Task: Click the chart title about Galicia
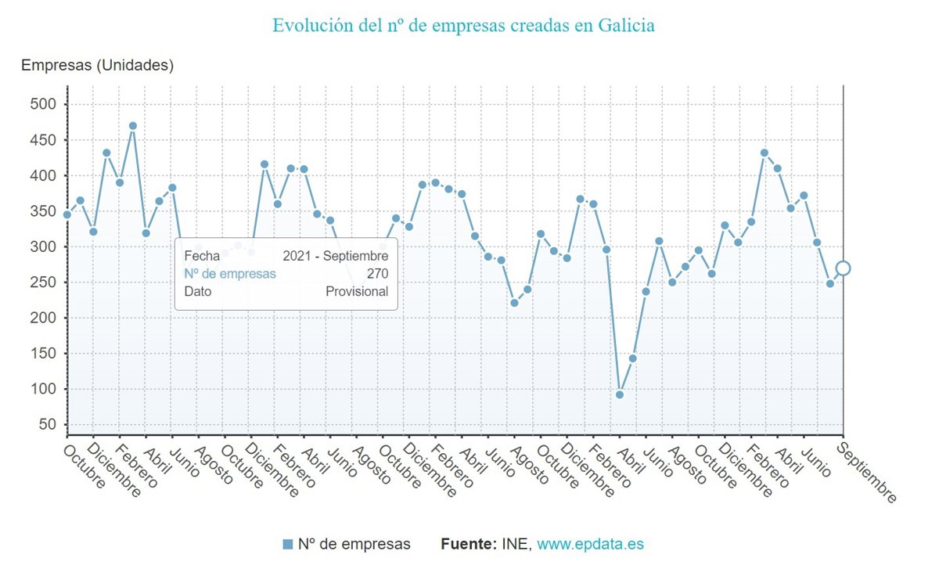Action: tap(463, 25)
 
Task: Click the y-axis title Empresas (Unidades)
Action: tap(97, 66)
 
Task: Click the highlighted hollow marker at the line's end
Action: tap(843, 268)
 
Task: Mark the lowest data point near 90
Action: tap(620, 394)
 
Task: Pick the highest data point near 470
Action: tap(133, 126)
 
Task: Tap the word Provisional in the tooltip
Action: tap(357, 291)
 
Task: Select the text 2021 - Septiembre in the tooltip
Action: tap(336, 256)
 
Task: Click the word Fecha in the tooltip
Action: tap(202, 256)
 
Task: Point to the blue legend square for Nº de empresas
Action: tap(287, 544)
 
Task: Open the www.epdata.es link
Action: tap(590, 544)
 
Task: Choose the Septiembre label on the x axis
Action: tap(866, 473)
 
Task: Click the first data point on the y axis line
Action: tap(67, 214)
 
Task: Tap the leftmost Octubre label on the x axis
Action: tap(84, 467)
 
